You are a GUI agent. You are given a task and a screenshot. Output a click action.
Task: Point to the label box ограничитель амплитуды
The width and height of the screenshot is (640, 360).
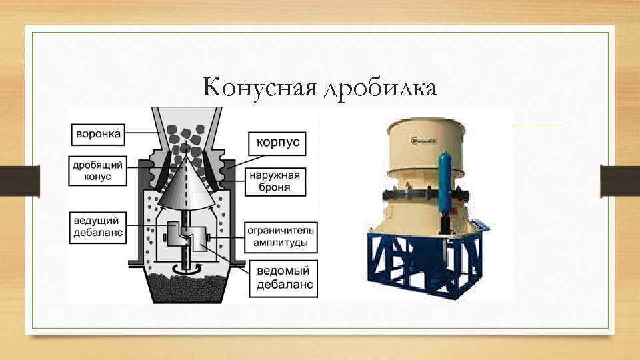tap(281, 236)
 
